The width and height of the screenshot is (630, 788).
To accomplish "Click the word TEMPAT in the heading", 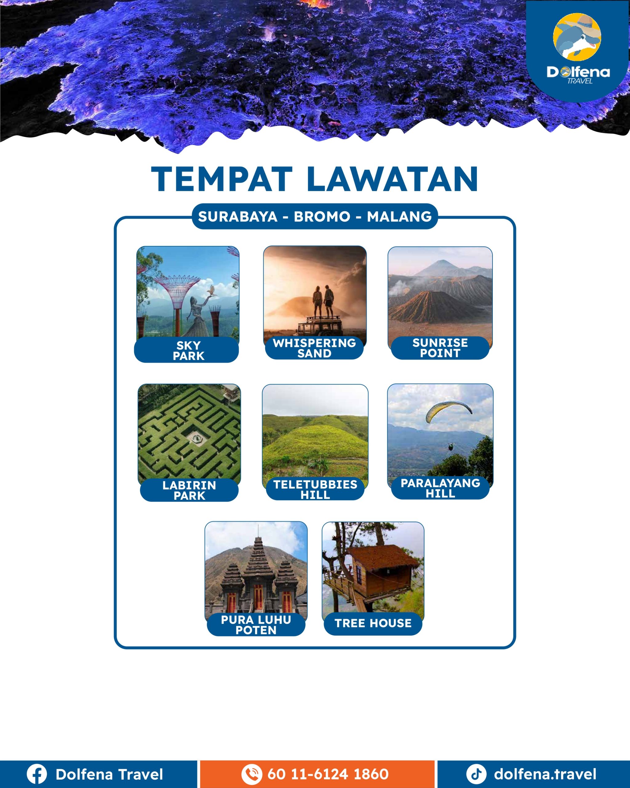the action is click(x=222, y=179).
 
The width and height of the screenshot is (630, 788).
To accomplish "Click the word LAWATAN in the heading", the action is click(x=393, y=179).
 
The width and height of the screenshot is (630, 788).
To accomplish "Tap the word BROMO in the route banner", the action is click(x=322, y=217).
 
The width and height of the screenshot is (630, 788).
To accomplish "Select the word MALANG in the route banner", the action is click(x=399, y=217).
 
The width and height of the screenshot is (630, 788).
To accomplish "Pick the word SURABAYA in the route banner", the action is click(x=238, y=217).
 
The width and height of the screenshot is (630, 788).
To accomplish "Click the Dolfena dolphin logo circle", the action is click(x=577, y=37).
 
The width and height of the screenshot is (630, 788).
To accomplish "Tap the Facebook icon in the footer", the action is click(x=37, y=774).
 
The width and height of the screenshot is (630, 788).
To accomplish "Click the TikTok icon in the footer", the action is click(x=476, y=774).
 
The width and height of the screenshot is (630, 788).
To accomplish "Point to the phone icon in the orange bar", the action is click(x=252, y=774).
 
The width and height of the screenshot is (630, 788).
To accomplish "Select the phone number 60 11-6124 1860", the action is click(x=328, y=774).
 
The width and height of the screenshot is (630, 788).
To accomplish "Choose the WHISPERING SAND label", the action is click(x=314, y=348).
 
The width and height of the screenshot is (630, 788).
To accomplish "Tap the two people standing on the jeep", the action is click(x=323, y=302).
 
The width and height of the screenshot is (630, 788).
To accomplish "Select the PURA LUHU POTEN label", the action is click(x=256, y=625).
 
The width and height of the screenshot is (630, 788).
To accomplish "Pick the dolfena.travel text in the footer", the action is click(x=545, y=774).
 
